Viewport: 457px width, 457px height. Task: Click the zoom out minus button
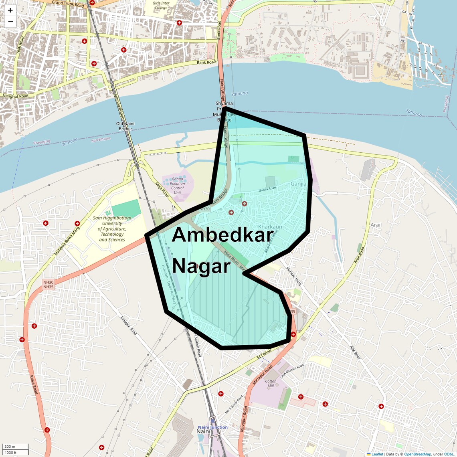(x=10, y=22)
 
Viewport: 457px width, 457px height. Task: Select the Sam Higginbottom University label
(x=112, y=229)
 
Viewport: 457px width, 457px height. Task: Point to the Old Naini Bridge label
(x=125, y=126)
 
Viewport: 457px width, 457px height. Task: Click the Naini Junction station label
(x=212, y=427)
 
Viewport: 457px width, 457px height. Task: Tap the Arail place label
(x=376, y=225)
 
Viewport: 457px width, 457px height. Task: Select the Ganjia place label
(x=298, y=184)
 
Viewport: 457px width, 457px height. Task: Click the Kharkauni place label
(x=271, y=227)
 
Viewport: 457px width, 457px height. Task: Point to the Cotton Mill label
(x=271, y=383)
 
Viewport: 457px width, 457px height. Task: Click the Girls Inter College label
(x=161, y=5)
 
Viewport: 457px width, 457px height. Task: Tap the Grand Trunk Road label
(x=68, y=4)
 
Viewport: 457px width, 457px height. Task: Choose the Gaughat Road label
(x=16, y=96)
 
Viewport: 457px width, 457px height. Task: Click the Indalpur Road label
(x=128, y=326)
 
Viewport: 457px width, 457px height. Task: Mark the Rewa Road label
(x=34, y=384)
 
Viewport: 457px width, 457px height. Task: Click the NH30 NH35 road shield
(x=48, y=285)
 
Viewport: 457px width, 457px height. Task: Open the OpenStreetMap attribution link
(x=417, y=454)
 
